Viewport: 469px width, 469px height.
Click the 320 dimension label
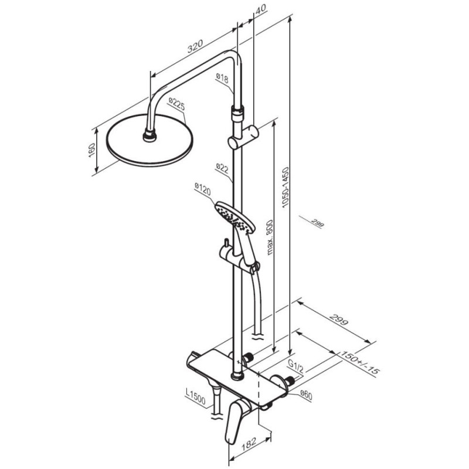tap(195, 46)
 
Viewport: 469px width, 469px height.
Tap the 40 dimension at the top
tap(261, 9)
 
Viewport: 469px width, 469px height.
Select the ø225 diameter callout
tap(176, 104)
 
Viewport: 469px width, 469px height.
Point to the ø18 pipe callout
tap(222, 78)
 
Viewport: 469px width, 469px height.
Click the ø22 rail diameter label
tap(222, 168)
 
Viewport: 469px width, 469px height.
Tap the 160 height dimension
tap(91, 151)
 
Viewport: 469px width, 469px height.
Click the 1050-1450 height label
tap(286, 187)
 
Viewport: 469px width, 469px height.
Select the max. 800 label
tap(270, 237)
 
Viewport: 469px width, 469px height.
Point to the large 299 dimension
tap(339, 320)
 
